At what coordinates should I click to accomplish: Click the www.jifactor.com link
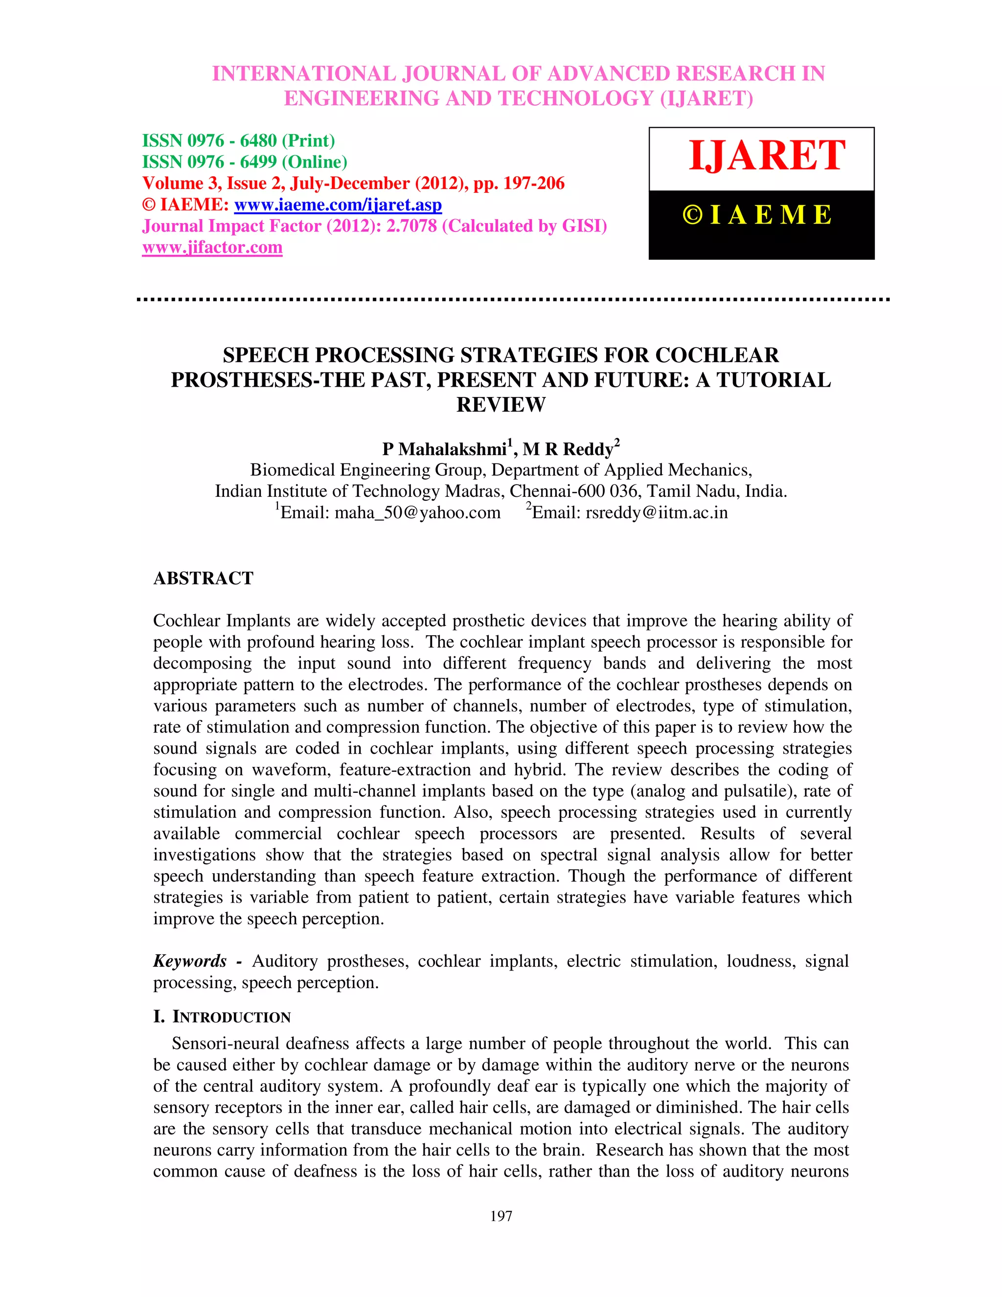point(212,248)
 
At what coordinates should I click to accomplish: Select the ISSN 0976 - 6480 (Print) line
point(238,141)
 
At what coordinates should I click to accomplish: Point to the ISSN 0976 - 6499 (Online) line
point(245,162)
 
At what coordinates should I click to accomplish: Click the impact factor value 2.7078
point(411,226)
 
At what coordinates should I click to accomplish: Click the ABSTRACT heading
point(203,579)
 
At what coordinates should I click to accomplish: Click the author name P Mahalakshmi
point(444,450)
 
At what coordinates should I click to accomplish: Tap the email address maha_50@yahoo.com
point(417,512)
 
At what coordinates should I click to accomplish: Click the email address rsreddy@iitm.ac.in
point(656,512)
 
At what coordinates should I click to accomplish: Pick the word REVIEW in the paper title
point(501,405)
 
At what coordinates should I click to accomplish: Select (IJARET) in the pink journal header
point(706,98)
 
